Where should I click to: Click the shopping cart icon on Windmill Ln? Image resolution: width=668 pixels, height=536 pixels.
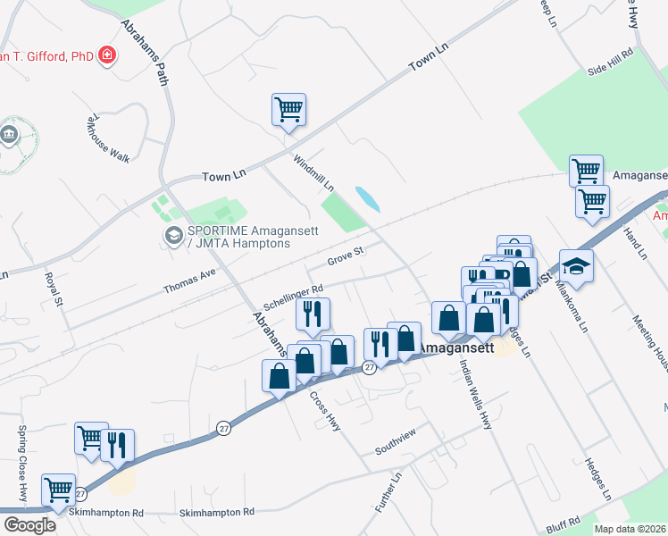(x=288, y=111)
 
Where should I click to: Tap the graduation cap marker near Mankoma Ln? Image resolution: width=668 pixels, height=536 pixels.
(x=576, y=266)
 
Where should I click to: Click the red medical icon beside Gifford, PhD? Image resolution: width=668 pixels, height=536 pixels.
(x=108, y=55)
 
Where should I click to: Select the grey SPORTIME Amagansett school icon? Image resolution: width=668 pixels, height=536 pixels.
(x=173, y=236)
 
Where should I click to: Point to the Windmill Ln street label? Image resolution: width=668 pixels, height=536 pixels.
(x=313, y=173)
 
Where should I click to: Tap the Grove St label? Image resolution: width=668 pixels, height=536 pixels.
(x=347, y=257)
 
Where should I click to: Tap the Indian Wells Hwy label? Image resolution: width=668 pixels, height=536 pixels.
(x=475, y=394)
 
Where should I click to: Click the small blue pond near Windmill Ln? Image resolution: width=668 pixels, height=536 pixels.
(x=367, y=198)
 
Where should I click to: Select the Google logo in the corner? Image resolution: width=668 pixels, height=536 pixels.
(x=29, y=525)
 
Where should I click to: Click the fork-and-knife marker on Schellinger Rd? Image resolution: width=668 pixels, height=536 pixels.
(x=313, y=314)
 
